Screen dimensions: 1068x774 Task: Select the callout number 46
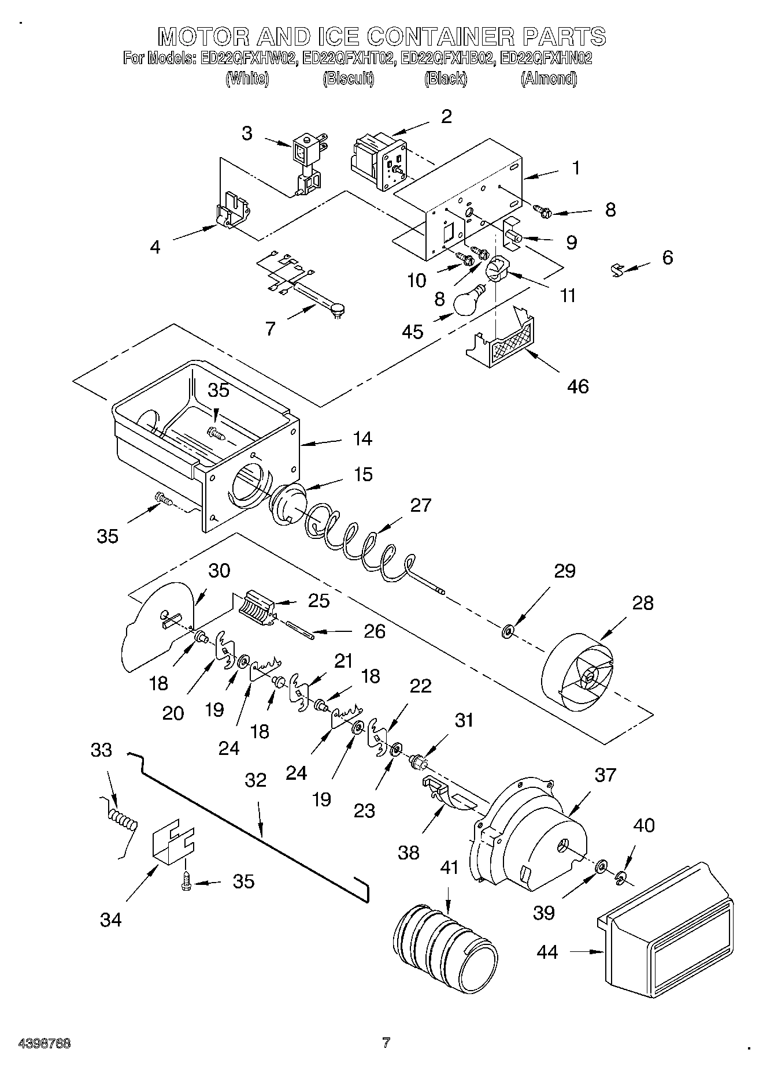(577, 386)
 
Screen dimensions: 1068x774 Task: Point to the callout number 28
(642, 603)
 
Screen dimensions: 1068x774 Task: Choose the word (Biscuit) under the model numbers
(348, 79)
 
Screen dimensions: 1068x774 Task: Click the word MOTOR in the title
(198, 36)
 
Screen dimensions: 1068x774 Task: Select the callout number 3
(247, 133)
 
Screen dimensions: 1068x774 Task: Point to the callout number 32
(255, 780)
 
